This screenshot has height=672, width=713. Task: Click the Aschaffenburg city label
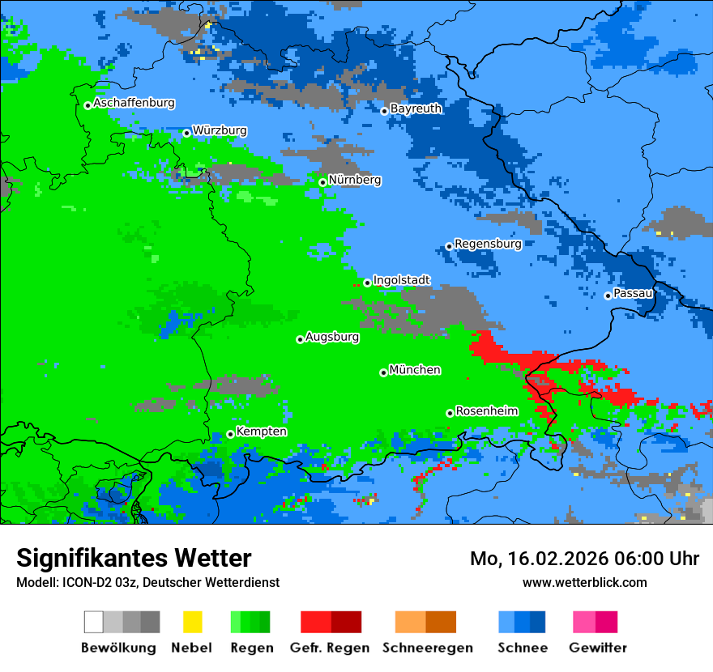tap(134, 104)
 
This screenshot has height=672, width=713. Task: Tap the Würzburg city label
tap(220, 130)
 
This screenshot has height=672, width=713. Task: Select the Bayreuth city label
tap(416, 108)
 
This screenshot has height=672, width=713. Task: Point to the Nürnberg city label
tap(354, 180)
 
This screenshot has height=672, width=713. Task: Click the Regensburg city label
tap(488, 244)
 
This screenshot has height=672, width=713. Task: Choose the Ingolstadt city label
tap(401, 280)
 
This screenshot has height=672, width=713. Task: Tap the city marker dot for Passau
tap(608, 296)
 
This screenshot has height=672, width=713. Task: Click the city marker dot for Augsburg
tap(300, 339)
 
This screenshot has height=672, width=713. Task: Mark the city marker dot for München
tap(383, 372)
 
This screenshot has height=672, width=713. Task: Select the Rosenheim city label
tap(486, 411)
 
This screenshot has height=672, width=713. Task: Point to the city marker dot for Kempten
tap(230, 434)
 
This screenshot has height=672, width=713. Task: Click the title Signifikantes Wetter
tap(134, 558)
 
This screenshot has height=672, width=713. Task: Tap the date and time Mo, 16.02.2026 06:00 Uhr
tap(584, 559)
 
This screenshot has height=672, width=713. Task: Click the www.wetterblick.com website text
tap(584, 582)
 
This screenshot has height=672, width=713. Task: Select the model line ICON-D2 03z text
tap(147, 582)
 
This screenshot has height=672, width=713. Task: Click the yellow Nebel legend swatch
tap(192, 622)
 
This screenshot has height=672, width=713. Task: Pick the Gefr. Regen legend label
tap(330, 648)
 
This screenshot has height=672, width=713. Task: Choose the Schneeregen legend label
tap(427, 648)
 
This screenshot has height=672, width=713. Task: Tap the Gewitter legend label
tap(597, 648)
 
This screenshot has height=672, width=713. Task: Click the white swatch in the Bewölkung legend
tap(94, 622)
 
